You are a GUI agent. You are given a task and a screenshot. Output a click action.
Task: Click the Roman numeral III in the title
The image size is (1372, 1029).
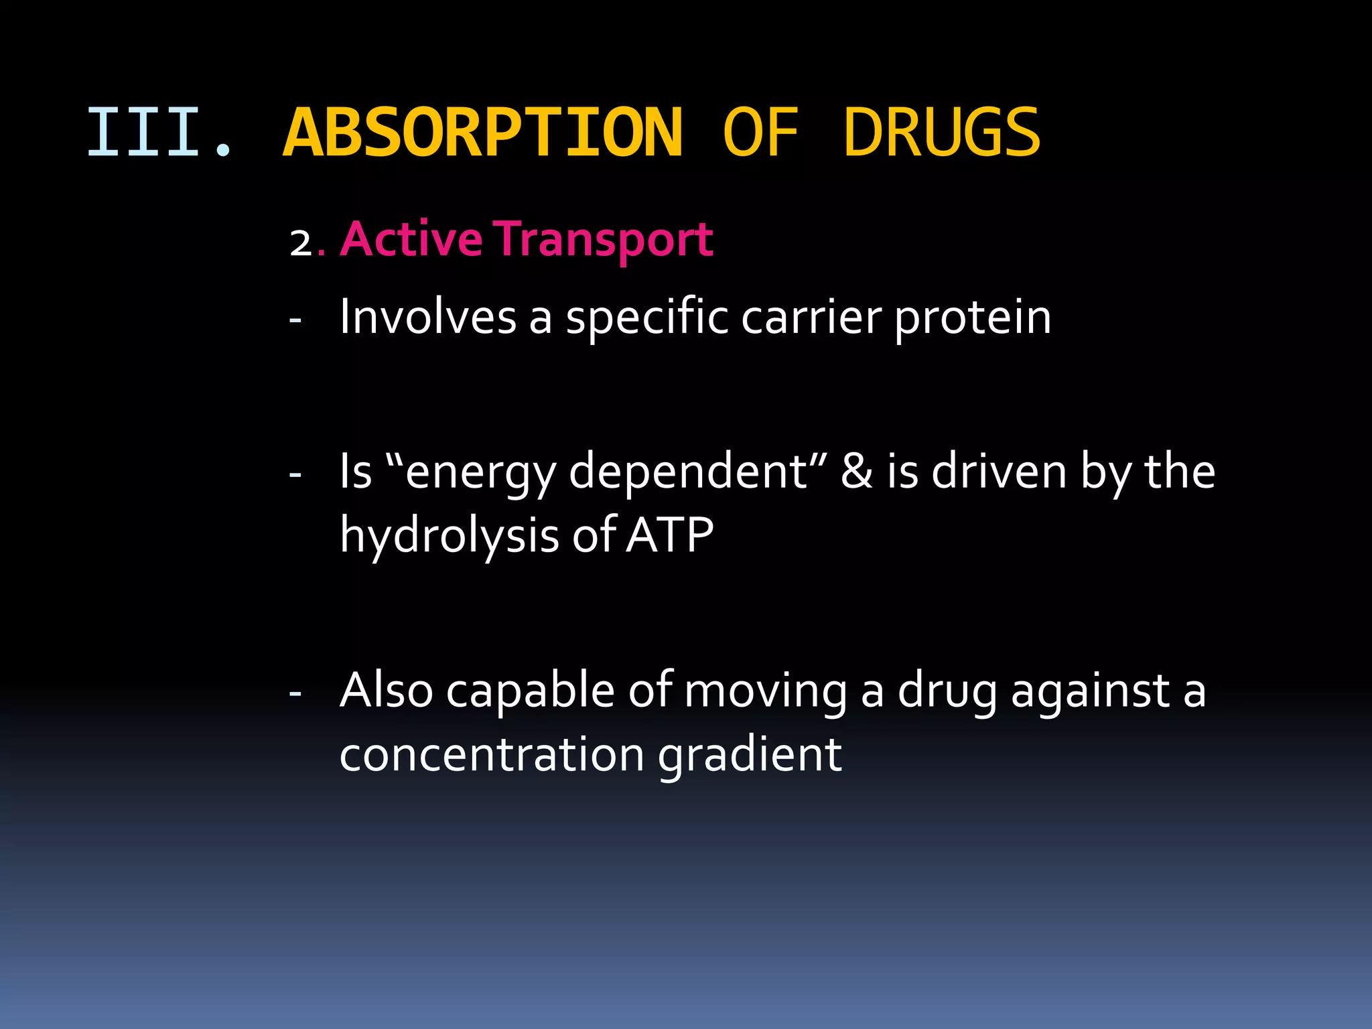point(144,133)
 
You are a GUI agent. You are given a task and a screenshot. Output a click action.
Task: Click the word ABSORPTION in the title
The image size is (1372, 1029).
point(482,133)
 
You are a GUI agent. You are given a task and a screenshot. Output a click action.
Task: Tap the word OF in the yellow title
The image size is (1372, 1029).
point(760,133)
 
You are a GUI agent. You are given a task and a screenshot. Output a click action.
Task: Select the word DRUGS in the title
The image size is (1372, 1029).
point(941,133)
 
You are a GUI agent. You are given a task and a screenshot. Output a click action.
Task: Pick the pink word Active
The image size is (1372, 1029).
point(411,239)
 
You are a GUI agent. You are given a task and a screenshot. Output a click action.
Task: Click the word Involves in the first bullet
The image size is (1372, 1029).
point(427,317)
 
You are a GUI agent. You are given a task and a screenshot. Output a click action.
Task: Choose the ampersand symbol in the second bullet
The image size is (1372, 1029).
point(857,471)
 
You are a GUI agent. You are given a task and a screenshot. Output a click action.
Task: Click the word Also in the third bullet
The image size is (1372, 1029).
point(386,690)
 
